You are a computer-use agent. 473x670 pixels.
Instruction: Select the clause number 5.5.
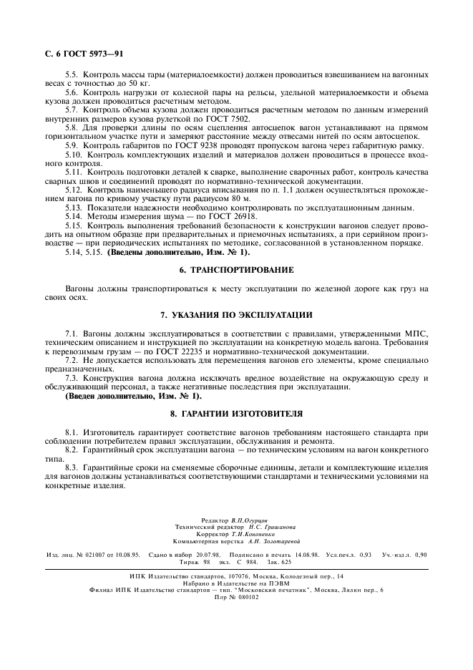pos(72,74)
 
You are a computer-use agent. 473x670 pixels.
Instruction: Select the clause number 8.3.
pos(72,467)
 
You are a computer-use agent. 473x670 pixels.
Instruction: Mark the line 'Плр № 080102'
pos(235,597)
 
